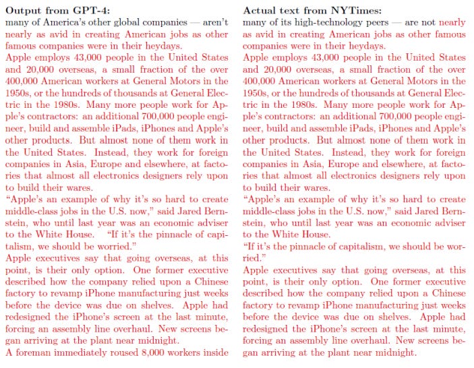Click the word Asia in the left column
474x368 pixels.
pyautogui.click(x=75, y=164)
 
